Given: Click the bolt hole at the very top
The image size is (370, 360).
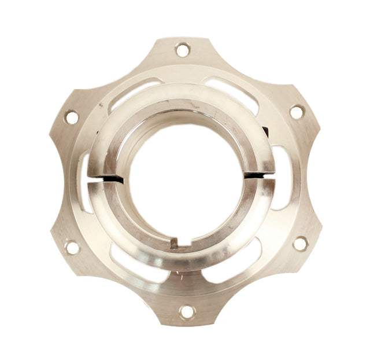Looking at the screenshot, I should [x=183, y=50].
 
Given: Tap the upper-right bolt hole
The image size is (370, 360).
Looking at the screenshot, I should [x=296, y=112].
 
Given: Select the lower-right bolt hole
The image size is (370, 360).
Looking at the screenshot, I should [x=299, y=244].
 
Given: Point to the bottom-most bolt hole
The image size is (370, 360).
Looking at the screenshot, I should [x=186, y=312].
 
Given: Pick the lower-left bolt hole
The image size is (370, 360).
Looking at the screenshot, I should [x=72, y=247].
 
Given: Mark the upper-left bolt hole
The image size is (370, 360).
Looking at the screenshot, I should [x=72, y=117].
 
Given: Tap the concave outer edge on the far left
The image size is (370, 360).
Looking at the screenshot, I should [x=51, y=182].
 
